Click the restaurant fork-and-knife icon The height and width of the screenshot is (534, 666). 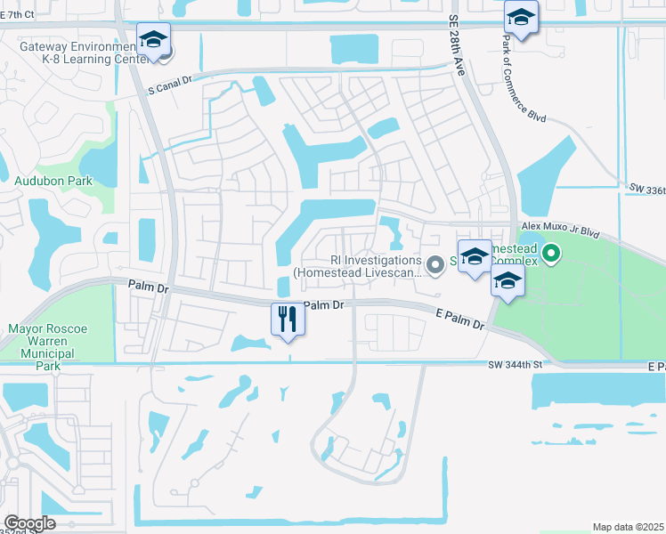pyautogui.click(x=288, y=319)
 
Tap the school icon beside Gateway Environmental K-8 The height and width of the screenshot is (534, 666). pyautogui.click(x=153, y=41)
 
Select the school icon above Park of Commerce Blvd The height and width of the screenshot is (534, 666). pyautogui.click(x=521, y=18)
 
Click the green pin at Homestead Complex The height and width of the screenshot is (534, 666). pyautogui.click(x=551, y=255)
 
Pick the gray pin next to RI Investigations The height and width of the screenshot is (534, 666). pyautogui.click(x=435, y=264)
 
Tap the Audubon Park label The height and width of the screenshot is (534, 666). pyautogui.click(x=53, y=181)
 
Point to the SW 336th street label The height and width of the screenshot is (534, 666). pyautogui.click(x=646, y=189)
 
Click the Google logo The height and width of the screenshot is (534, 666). pyautogui.click(x=29, y=523)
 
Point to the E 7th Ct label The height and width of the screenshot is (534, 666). pyautogui.click(x=17, y=15)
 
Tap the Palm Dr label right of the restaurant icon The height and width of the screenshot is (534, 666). pyautogui.click(x=323, y=305)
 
